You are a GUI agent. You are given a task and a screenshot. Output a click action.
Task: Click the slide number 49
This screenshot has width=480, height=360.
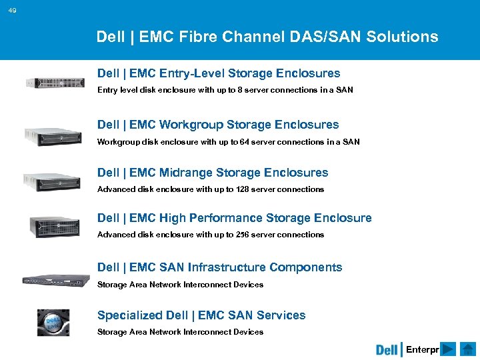click(13, 10)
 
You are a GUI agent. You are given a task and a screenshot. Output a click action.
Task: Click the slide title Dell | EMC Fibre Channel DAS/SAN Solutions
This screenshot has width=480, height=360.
click(267, 37)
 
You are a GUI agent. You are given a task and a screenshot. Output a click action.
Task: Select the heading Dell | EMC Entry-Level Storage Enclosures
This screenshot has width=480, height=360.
click(219, 73)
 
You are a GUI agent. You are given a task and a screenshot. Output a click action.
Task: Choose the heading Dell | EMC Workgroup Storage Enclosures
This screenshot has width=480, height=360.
click(218, 125)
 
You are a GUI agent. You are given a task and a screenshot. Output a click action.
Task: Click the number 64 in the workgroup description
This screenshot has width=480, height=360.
click(246, 142)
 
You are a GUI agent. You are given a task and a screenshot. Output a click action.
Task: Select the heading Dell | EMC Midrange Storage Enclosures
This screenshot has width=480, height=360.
click(213, 173)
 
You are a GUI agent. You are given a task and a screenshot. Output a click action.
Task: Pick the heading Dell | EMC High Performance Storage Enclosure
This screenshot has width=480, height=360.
click(235, 218)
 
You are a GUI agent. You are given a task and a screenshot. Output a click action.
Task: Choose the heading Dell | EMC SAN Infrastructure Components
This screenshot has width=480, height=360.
click(219, 267)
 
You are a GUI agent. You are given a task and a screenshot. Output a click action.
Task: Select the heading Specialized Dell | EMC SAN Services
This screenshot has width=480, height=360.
click(201, 315)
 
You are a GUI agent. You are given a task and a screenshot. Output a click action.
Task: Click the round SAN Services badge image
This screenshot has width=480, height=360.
click(53, 322)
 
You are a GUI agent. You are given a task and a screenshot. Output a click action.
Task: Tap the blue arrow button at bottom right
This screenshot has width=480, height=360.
click(449, 349)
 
